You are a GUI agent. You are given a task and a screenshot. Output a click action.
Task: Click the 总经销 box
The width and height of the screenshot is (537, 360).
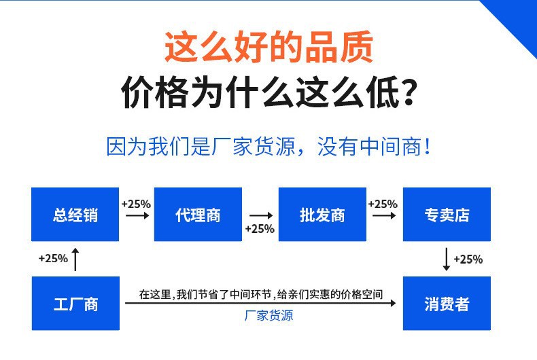(75, 215)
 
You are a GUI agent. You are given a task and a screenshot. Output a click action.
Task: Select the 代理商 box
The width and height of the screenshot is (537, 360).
(198, 215)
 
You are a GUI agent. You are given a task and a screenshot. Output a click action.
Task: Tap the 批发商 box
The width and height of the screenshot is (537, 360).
(322, 215)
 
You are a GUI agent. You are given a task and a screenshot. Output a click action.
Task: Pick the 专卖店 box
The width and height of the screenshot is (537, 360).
(447, 215)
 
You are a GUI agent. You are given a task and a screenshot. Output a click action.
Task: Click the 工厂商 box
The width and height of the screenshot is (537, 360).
(75, 304)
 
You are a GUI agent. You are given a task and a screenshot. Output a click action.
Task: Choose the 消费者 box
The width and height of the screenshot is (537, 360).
(447, 304)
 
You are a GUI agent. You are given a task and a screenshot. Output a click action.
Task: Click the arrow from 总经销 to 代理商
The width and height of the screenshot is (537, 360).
(137, 215)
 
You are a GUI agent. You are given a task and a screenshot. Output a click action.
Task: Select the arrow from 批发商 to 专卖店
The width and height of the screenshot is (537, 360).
(383, 215)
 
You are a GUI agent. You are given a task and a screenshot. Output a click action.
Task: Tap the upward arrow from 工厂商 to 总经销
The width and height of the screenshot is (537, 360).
(75, 259)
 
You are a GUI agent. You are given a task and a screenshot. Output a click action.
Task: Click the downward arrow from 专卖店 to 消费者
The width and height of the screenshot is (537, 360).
(446, 259)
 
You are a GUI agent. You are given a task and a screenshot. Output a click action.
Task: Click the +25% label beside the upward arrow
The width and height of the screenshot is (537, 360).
(53, 258)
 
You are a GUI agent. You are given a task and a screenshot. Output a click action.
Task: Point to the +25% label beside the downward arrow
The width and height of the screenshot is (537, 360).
(468, 259)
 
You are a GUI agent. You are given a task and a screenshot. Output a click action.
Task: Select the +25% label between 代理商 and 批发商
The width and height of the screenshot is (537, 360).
(260, 228)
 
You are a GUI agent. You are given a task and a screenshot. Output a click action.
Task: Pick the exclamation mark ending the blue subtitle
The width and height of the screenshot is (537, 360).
(426, 147)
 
